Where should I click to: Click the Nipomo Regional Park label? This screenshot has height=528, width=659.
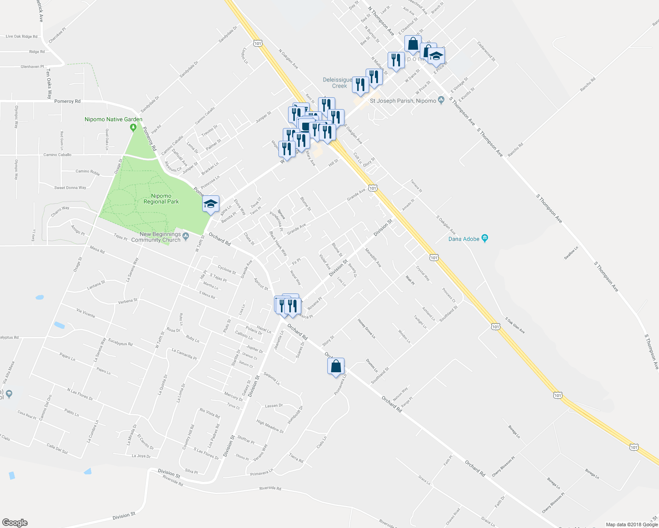[x=161, y=199]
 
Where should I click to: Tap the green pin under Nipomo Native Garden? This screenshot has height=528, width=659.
[x=133, y=128]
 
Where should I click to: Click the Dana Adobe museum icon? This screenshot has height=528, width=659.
[x=485, y=238]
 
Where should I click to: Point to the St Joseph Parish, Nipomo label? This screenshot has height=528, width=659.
[x=403, y=101]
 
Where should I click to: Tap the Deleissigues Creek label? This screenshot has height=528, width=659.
[x=338, y=83]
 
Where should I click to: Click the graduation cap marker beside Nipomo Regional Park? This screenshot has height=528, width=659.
[x=211, y=204]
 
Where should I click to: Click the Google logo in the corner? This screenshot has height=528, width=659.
[x=15, y=522]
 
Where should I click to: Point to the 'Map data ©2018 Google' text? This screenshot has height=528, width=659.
[x=631, y=524]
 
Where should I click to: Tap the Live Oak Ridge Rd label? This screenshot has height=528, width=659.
[x=22, y=37]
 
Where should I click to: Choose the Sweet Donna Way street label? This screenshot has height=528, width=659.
[x=70, y=188]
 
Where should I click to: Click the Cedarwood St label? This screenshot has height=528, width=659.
[x=486, y=51]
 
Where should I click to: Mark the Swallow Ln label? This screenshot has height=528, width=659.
[x=571, y=253]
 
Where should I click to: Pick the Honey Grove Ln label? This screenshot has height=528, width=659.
[x=367, y=329]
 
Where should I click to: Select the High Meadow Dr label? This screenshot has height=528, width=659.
[x=270, y=426]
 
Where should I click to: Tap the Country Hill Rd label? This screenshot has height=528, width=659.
[x=189, y=437]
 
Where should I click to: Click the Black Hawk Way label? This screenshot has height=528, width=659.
[x=278, y=243]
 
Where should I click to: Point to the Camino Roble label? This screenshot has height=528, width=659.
[x=88, y=172]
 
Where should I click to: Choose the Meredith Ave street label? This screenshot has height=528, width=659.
[x=373, y=257]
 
